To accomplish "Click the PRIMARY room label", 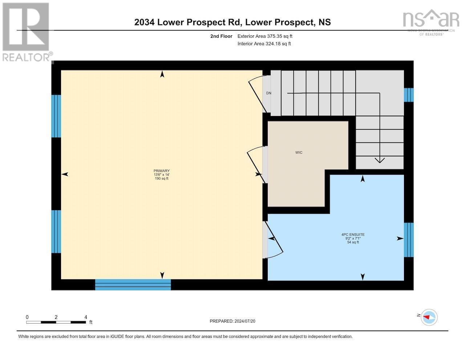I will [x=162, y=171].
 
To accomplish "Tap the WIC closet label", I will [x=299, y=152].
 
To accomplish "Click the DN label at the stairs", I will [x=268, y=93].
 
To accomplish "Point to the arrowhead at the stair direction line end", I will [x=380, y=160].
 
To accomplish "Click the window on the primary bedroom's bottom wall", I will [x=133, y=284].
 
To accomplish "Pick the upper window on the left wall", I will [x=56, y=116].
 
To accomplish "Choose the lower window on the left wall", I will [x=56, y=231].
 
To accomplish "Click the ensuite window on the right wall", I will [x=409, y=240].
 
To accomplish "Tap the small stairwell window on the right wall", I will [x=409, y=95].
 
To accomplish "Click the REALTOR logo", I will [x=26, y=32].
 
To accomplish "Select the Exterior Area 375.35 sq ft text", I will [x=264, y=36].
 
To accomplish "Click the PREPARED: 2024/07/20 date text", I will [x=235, y=321].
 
